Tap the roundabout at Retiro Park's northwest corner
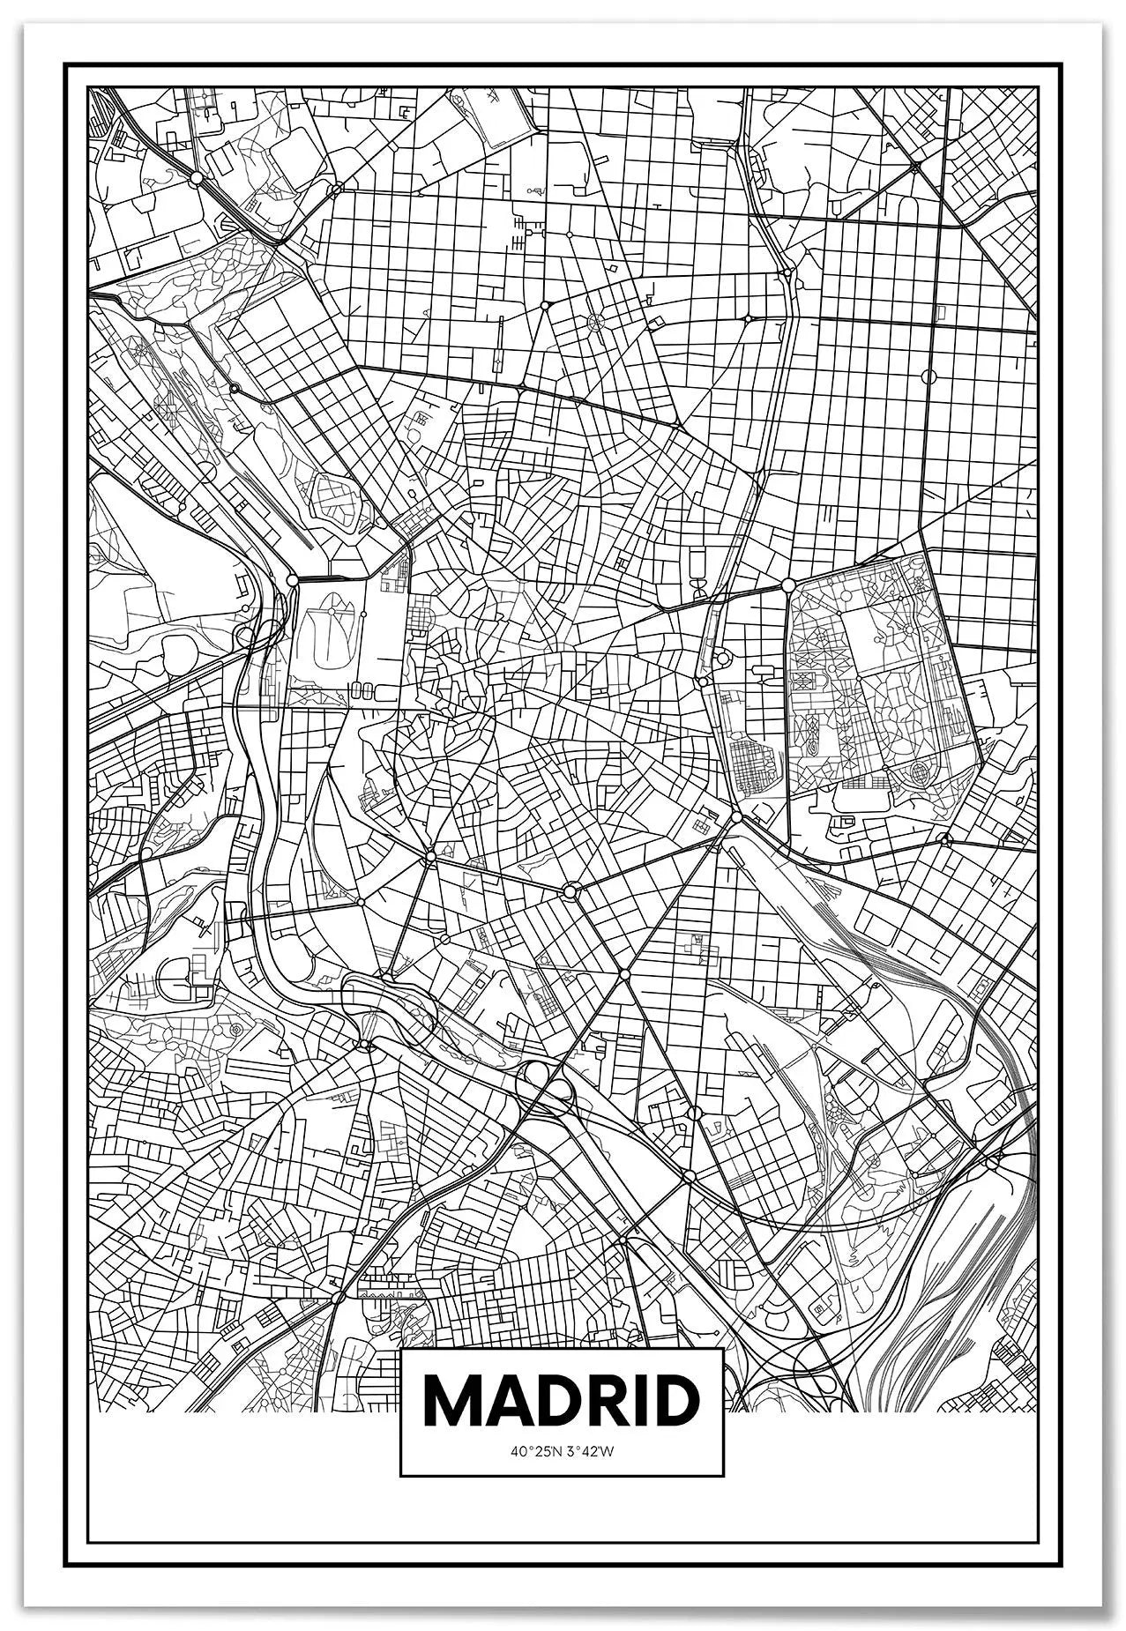(788, 585)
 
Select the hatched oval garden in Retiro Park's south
(919, 773)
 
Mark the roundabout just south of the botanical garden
(736, 818)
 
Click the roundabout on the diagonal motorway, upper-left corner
(196, 177)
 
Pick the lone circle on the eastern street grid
(928, 376)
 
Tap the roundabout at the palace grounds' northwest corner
(292, 579)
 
